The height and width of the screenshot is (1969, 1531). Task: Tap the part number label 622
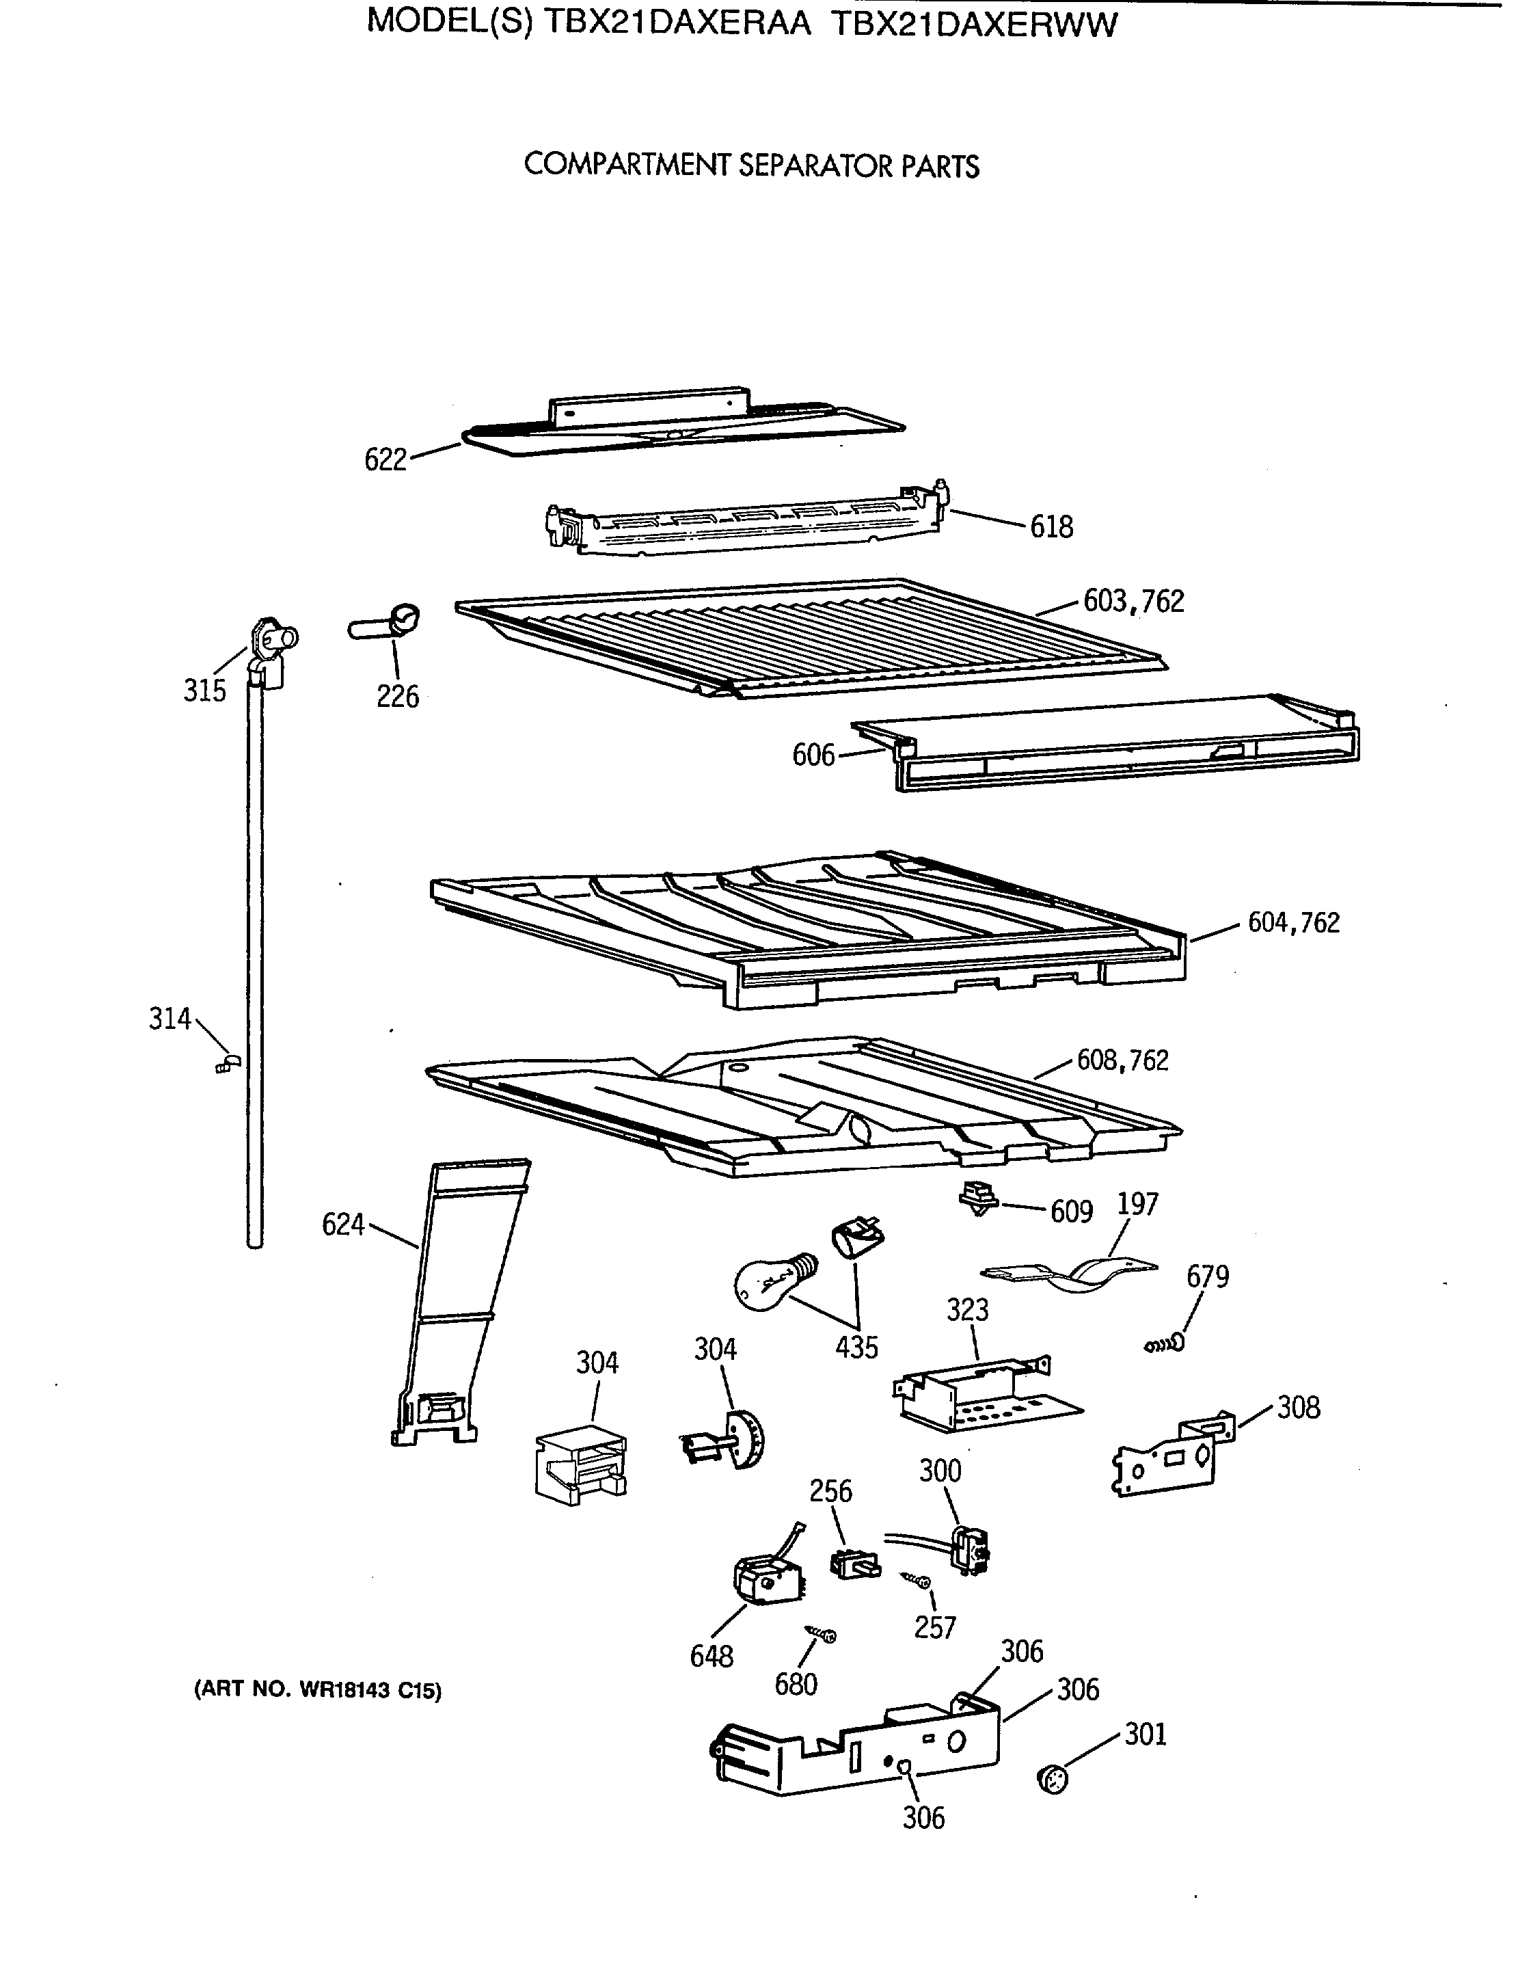pyautogui.click(x=385, y=460)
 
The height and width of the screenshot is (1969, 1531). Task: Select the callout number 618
pyautogui.click(x=1052, y=526)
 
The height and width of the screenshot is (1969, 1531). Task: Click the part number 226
pyautogui.click(x=397, y=696)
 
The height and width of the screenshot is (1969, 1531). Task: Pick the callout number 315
pyautogui.click(x=204, y=691)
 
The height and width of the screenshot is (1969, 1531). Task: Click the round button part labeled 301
pyautogui.click(x=1053, y=1780)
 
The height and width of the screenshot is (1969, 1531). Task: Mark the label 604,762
pyautogui.click(x=1293, y=922)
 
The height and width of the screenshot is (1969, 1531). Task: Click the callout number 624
pyautogui.click(x=342, y=1224)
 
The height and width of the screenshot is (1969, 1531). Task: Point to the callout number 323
pyautogui.click(x=967, y=1309)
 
